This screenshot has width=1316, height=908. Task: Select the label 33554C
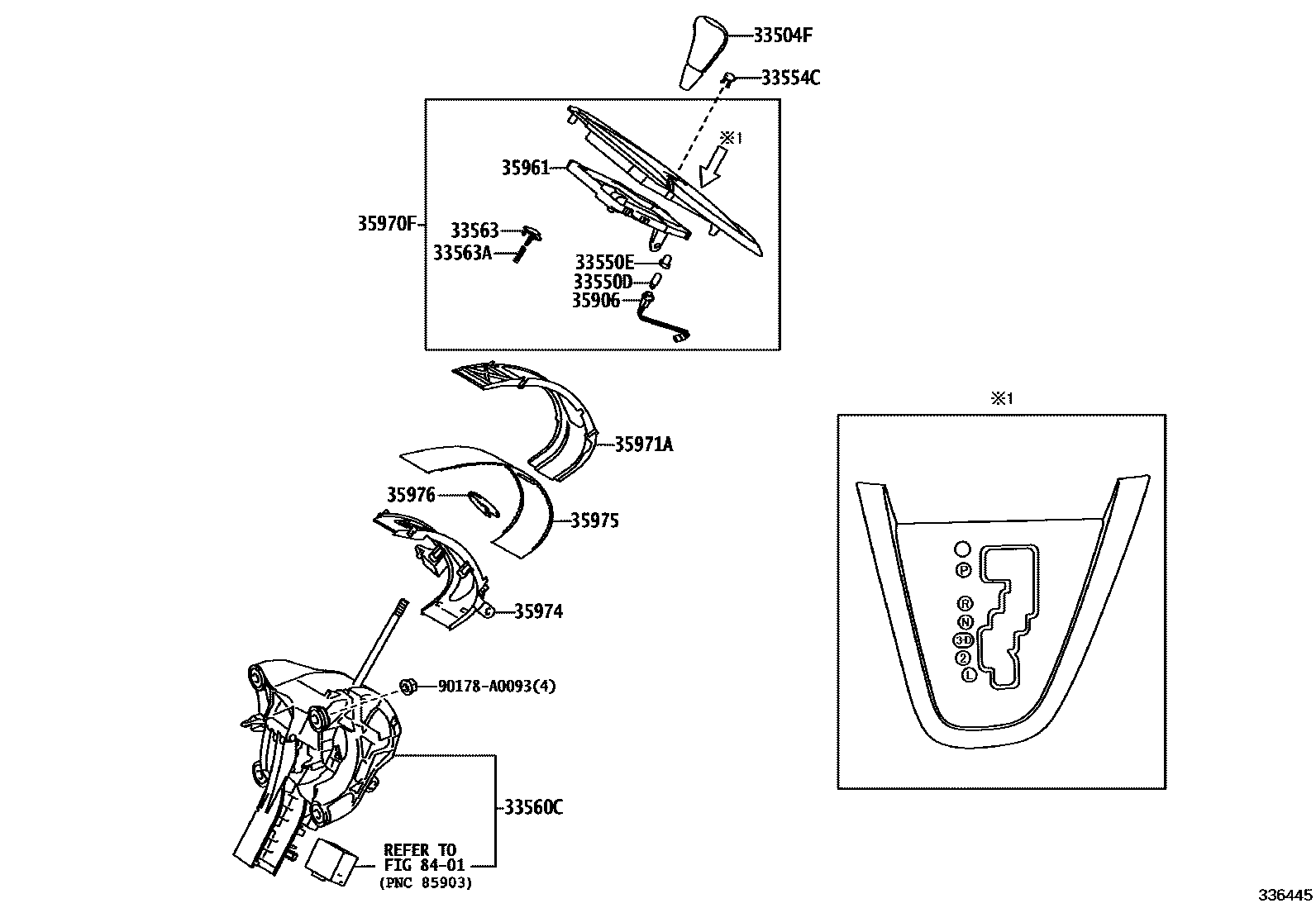pos(790,78)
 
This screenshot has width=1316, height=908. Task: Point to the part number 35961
pos(525,168)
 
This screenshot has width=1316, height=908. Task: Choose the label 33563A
pos(462,253)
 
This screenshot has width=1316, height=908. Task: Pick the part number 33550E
pos(603,263)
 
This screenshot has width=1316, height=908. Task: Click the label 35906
pos(595,300)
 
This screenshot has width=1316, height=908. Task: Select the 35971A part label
pos(643,445)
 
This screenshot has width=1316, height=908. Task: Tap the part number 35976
pos(411,495)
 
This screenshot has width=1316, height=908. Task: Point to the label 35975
pos(594,521)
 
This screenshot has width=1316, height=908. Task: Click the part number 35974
pos(538,612)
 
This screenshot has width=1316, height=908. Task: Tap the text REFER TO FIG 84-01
pos(424,858)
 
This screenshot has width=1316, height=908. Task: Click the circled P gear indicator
pos(962,570)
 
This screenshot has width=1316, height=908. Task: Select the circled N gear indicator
pos(965,622)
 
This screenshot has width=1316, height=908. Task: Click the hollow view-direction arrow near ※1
pos(710,170)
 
